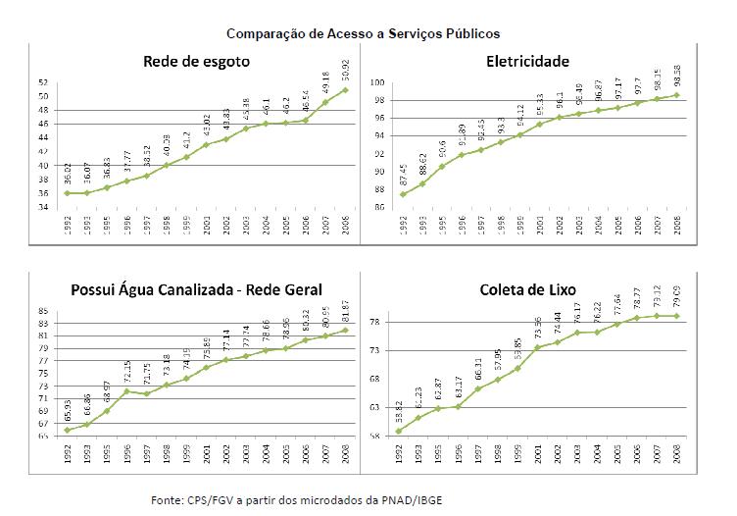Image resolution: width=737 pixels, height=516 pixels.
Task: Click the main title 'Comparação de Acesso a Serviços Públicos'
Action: click(x=363, y=33)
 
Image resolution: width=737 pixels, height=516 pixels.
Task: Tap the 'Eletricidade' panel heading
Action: click(x=527, y=62)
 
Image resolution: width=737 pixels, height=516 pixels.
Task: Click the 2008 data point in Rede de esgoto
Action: click(x=344, y=90)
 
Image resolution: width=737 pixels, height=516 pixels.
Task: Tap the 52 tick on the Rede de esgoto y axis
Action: click(x=43, y=83)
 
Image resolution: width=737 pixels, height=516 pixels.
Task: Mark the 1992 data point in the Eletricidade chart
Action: click(x=403, y=194)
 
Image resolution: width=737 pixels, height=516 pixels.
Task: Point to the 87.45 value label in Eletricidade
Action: click(x=403, y=174)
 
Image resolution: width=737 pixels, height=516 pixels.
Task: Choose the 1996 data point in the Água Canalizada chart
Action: click(x=126, y=391)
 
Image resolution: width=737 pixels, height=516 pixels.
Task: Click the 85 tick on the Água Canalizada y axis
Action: click(x=43, y=311)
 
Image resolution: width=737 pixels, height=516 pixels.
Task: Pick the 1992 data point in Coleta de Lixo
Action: click(x=400, y=431)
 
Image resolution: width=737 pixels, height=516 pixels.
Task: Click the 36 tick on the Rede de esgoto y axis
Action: click(x=43, y=193)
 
